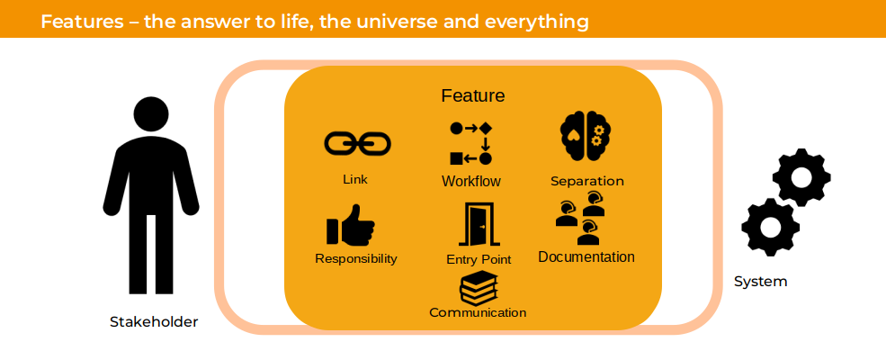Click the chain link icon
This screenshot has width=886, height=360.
(357, 143)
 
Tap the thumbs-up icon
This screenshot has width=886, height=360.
(350, 225)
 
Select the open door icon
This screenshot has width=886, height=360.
(479, 224)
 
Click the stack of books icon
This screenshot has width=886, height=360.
(478, 288)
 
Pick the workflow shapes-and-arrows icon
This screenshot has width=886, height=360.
(470, 143)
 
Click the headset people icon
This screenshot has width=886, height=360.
(581, 218)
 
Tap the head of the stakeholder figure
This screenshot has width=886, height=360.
(151, 114)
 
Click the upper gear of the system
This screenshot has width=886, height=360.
(801, 177)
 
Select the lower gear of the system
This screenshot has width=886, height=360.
(771, 227)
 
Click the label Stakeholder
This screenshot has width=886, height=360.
(154, 322)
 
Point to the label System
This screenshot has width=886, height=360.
(761, 282)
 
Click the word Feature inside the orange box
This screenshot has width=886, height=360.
(473, 95)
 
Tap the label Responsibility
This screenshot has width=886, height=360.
(356, 259)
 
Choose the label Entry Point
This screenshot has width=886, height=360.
(479, 259)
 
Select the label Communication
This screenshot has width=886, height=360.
(478, 312)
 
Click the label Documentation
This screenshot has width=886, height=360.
(586, 257)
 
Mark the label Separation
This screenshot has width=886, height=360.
(587, 182)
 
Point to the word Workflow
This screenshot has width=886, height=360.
(471, 182)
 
